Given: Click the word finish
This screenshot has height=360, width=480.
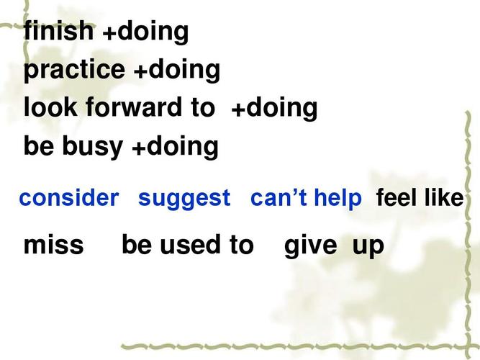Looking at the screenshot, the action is point(58,31).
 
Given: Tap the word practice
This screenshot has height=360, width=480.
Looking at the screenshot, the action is point(74,71).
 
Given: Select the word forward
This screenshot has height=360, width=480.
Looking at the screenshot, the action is point(133,107).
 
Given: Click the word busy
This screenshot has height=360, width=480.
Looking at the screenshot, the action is point(92,147).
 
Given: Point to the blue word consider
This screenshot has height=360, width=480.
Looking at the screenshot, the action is point(69,197).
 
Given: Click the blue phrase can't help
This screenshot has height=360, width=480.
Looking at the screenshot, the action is point(306,199).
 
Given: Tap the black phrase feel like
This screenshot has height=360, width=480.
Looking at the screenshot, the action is point(420,197).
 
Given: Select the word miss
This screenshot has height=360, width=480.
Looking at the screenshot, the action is point(53,245).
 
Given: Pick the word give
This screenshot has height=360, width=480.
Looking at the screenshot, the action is point(310,247).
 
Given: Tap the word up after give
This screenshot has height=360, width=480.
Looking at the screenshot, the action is point(368,248).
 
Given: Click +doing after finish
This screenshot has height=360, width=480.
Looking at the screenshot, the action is point(145,32).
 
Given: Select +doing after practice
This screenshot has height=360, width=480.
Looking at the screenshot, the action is point(177,71).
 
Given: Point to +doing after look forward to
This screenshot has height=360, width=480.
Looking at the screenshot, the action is point(274,109).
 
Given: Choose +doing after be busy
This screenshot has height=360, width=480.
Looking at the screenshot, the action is point(175,147).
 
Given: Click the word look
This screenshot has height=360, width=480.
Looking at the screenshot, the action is point(50,107).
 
